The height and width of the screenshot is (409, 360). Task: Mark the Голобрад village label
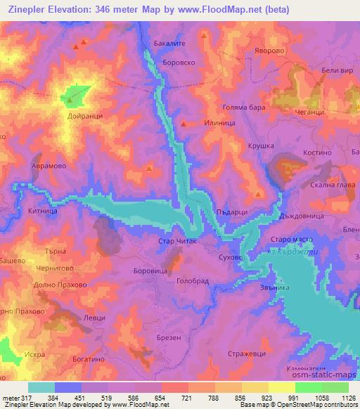pyautogui.click(x=193, y=280)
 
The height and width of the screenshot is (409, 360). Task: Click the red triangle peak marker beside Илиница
pyautogui.click(x=184, y=124)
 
